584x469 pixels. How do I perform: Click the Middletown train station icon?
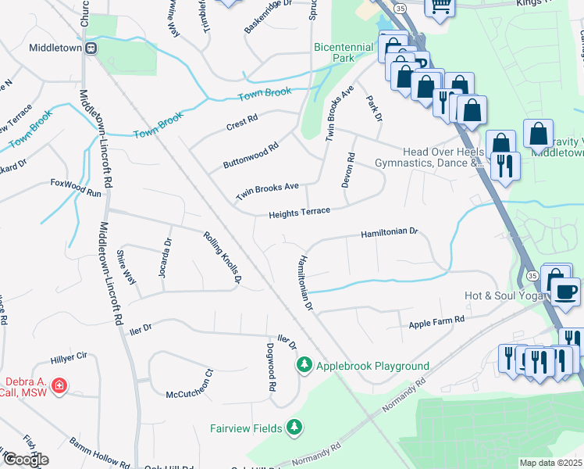click(x=91, y=48)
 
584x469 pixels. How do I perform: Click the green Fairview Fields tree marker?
click(x=294, y=427)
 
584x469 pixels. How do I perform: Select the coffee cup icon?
click(x=566, y=291)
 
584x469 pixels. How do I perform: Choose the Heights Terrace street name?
click(x=299, y=213)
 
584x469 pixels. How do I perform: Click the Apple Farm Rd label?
click(x=436, y=320)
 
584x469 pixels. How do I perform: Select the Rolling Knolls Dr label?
click(x=223, y=256)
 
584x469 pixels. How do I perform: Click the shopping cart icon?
click(x=440, y=5)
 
